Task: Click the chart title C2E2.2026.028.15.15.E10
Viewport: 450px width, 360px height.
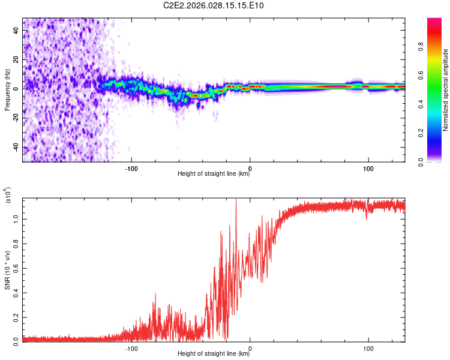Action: (214, 6)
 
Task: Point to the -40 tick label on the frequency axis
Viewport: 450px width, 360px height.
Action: (16, 147)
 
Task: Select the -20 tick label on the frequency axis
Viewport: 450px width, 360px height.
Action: (16, 118)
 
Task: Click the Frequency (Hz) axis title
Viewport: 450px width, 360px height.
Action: (7, 90)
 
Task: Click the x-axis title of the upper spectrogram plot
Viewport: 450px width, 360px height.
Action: (214, 174)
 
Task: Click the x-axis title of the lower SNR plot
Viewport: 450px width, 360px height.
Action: (214, 354)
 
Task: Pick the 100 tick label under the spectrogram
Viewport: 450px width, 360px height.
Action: (367, 168)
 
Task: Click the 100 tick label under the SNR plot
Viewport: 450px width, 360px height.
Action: (367, 348)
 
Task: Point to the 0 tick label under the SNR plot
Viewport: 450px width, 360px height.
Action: (250, 348)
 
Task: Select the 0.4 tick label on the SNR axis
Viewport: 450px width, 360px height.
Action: (16, 292)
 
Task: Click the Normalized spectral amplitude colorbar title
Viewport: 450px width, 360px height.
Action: (446, 90)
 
